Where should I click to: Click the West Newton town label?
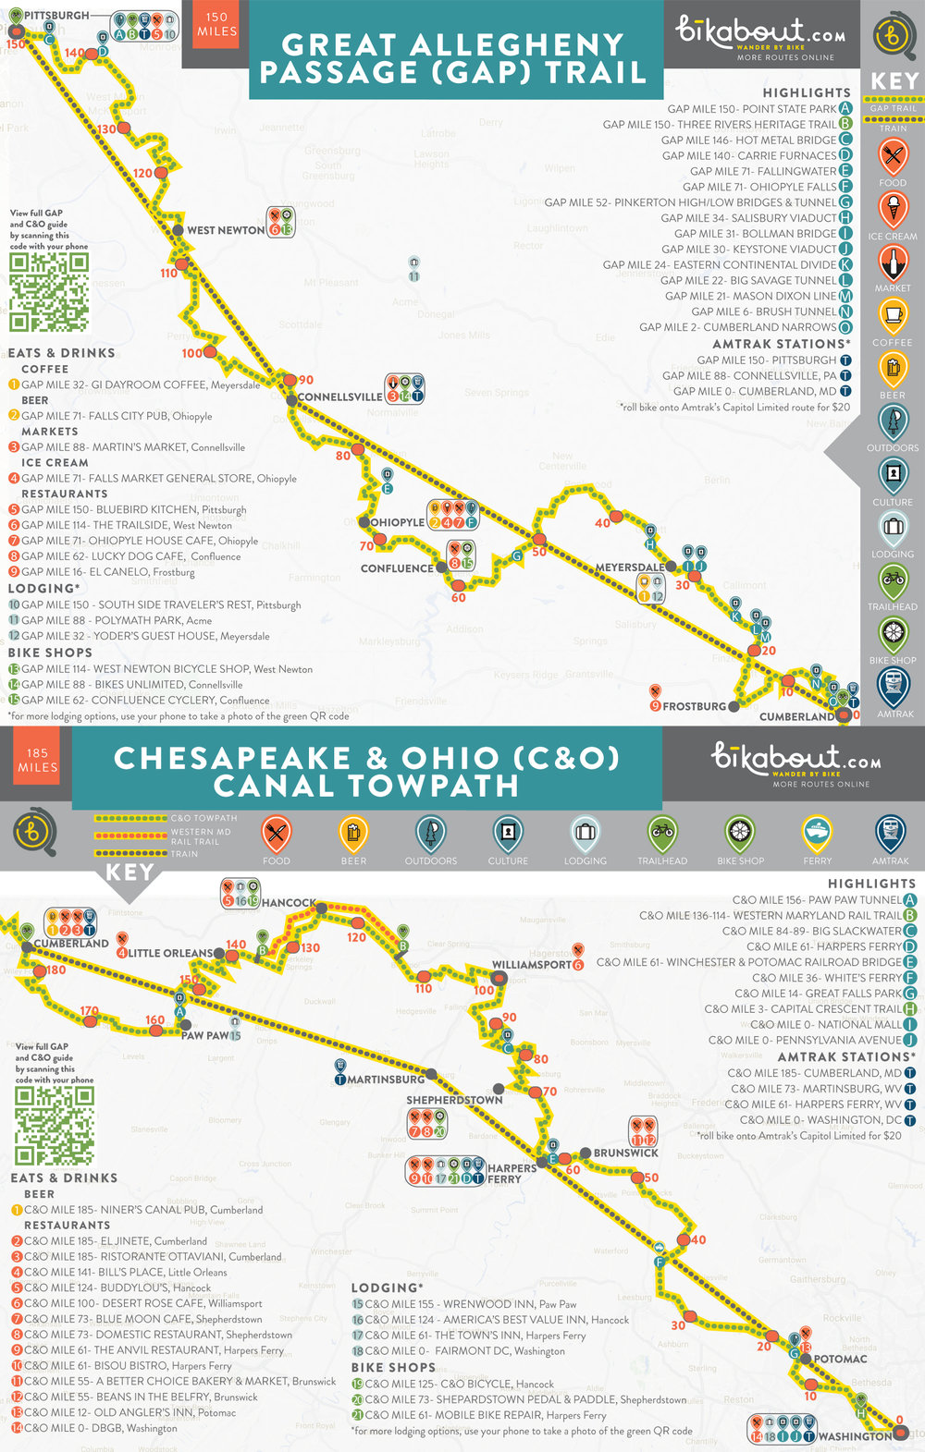coord(226,230)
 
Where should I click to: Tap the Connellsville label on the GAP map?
coord(339,397)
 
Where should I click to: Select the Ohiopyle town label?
coord(397,522)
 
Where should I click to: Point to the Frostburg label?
coord(694,706)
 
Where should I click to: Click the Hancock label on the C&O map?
coord(289,903)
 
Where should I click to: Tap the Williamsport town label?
coord(532,965)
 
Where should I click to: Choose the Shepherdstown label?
coord(454,1100)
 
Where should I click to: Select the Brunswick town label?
coord(625,1153)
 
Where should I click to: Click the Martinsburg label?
coord(386,1080)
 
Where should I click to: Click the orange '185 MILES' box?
coord(37,761)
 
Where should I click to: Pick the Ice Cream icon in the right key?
coord(893,210)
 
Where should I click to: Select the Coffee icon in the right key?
coord(893,316)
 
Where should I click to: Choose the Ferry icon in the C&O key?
coord(817,835)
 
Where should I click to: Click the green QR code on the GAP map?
coord(49,292)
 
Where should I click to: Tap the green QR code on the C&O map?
coord(55,1126)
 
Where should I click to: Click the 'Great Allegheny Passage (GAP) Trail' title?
coord(452,58)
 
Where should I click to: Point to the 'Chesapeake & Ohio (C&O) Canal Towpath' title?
coord(366,772)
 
